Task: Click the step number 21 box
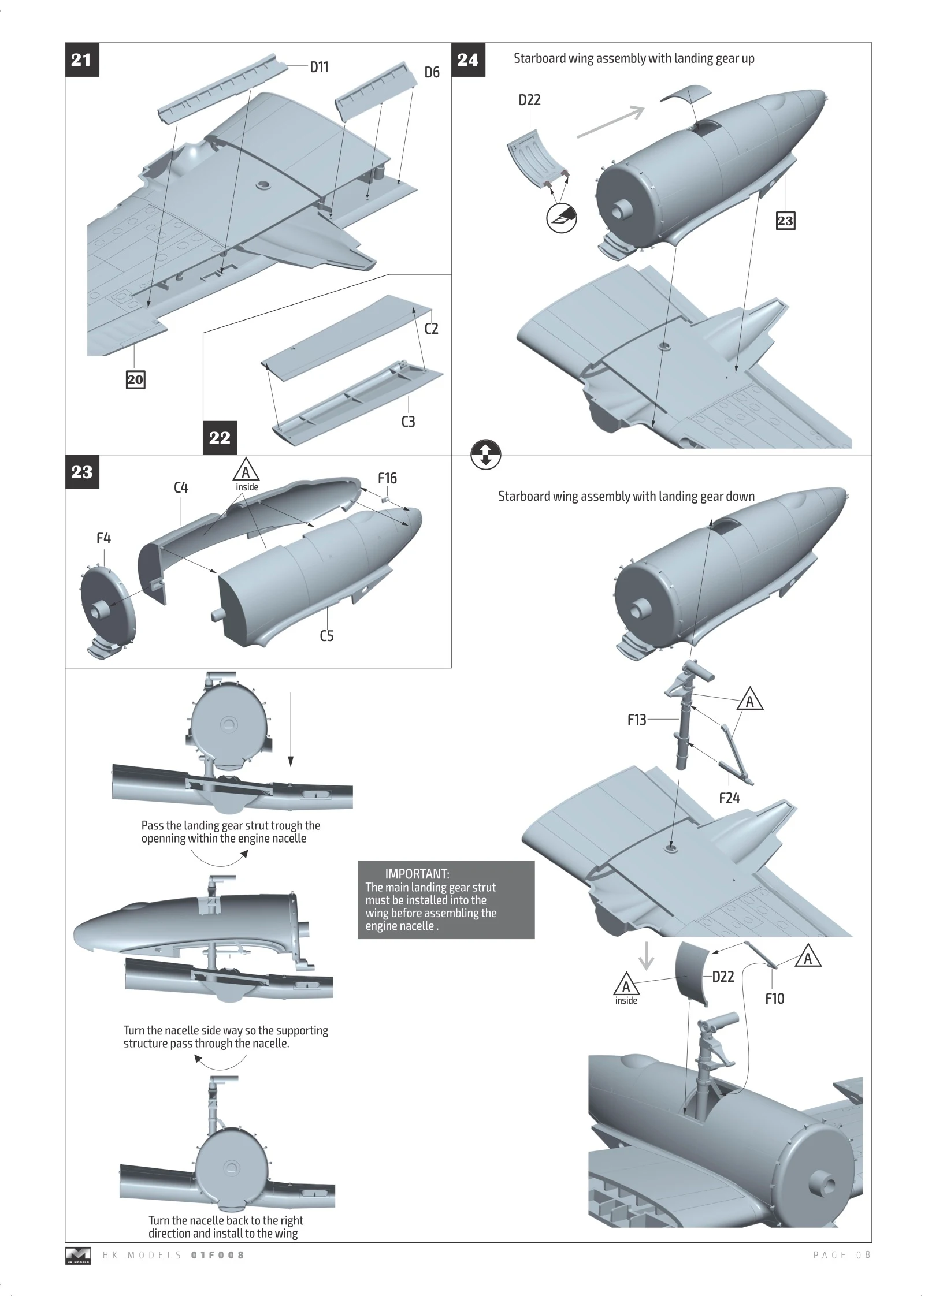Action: (81, 59)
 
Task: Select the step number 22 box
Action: (220, 438)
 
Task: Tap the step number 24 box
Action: (467, 59)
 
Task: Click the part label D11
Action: (319, 68)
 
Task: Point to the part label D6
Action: (432, 73)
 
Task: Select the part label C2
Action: (431, 329)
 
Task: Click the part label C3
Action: (408, 422)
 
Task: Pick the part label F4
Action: (103, 538)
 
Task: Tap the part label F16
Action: (387, 478)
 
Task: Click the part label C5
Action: (326, 636)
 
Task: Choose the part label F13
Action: (637, 720)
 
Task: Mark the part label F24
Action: (729, 798)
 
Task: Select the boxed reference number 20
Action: (135, 380)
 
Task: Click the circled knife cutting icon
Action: (562, 218)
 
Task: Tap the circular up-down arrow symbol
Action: (486, 455)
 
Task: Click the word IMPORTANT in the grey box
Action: (417, 874)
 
